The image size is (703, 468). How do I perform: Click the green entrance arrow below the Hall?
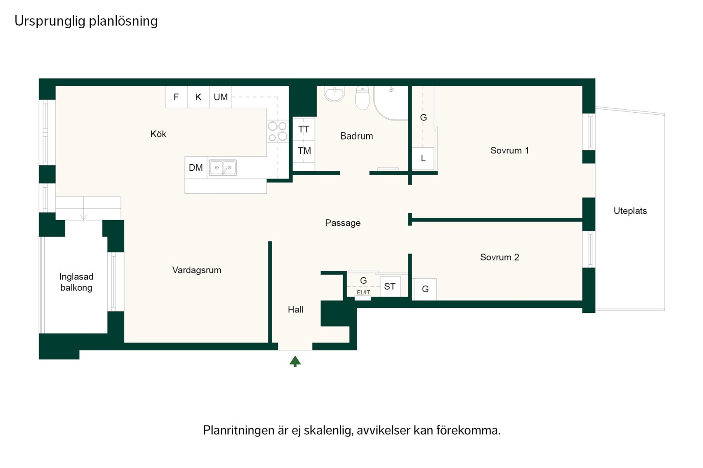295,361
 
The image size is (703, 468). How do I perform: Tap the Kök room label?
158,134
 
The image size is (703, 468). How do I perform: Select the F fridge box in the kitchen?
176,97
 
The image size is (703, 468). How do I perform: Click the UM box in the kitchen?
220,97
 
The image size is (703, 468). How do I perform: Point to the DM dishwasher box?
196,168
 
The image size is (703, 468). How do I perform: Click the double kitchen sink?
223,168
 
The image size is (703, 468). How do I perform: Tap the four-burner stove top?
277,131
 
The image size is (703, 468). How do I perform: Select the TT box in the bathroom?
304,129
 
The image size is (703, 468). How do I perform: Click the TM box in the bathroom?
304,151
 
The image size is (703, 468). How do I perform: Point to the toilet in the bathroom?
362,98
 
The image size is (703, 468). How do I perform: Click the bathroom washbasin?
334,94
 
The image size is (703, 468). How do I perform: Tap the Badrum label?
357,136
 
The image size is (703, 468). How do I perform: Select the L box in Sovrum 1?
423,159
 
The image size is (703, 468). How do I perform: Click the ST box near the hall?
390,286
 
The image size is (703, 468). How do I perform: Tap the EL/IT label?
363,292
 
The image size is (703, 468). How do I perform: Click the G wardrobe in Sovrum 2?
425,289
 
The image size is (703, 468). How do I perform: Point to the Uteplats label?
630,211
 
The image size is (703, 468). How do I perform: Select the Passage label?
343,223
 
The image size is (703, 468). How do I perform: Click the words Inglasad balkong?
76,282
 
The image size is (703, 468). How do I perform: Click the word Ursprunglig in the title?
50,21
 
